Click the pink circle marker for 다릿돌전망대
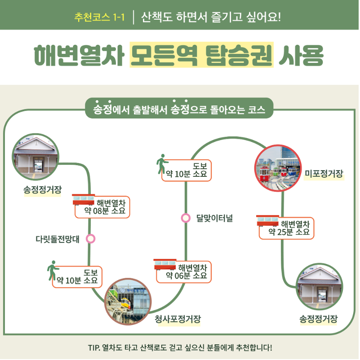(91, 238)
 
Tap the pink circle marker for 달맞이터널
(186, 218)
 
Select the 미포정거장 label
(324, 173)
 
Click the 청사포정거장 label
(178, 319)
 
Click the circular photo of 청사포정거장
(128, 301)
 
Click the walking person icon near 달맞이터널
(162, 164)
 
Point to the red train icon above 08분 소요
(84, 200)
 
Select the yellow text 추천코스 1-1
(99, 18)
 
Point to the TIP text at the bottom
(180, 347)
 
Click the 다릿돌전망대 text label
(58, 239)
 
